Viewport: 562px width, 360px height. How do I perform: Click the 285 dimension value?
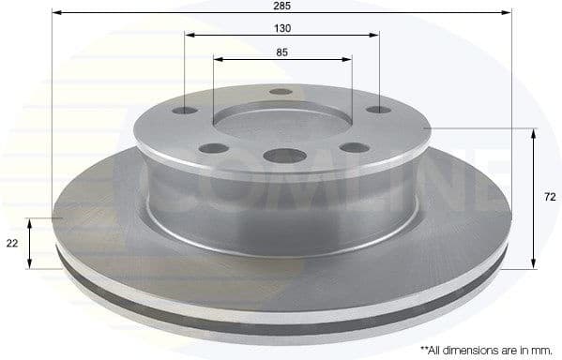281,7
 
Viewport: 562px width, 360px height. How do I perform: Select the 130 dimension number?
281,28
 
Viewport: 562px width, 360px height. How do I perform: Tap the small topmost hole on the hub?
281,92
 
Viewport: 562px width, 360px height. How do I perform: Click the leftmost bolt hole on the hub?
186,111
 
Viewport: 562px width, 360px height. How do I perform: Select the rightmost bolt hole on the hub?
377,110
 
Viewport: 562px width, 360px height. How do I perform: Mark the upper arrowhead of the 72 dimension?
533,134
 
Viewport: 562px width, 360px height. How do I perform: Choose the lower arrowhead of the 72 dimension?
533,263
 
